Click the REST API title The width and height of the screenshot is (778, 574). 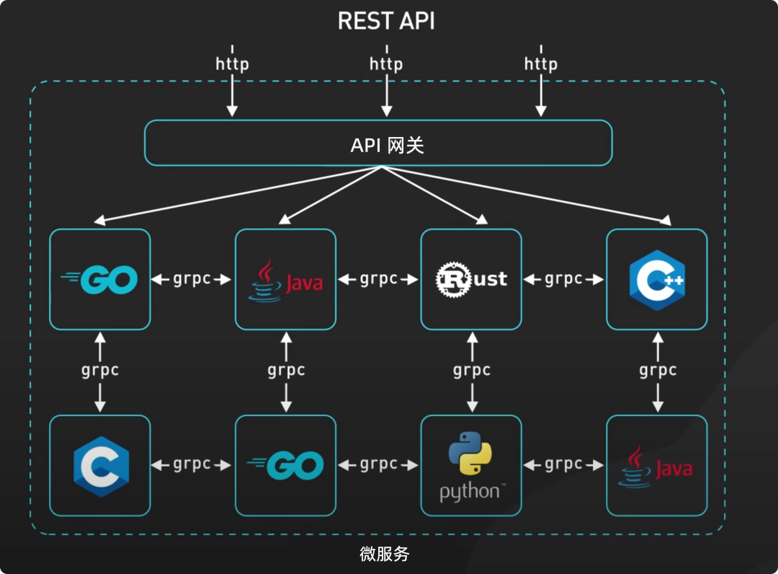click(x=386, y=22)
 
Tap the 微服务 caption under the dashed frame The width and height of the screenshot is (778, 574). click(x=385, y=554)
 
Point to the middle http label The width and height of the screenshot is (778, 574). click(x=386, y=63)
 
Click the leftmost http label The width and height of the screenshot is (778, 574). click(x=232, y=63)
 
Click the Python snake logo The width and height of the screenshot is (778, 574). click(x=471, y=453)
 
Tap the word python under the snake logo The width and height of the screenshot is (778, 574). click(x=470, y=493)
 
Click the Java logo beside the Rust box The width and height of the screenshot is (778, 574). click(x=286, y=280)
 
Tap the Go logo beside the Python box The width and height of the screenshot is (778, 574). click(x=286, y=466)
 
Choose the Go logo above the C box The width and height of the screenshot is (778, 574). click(x=100, y=280)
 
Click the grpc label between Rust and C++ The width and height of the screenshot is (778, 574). click(x=563, y=279)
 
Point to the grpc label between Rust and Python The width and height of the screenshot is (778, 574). click(x=472, y=371)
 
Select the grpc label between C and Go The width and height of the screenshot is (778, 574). click(x=192, y=465)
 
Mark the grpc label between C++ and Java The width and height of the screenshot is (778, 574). click(x=658, y=371)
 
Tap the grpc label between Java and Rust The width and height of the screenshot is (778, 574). click(x=378, y=279)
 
